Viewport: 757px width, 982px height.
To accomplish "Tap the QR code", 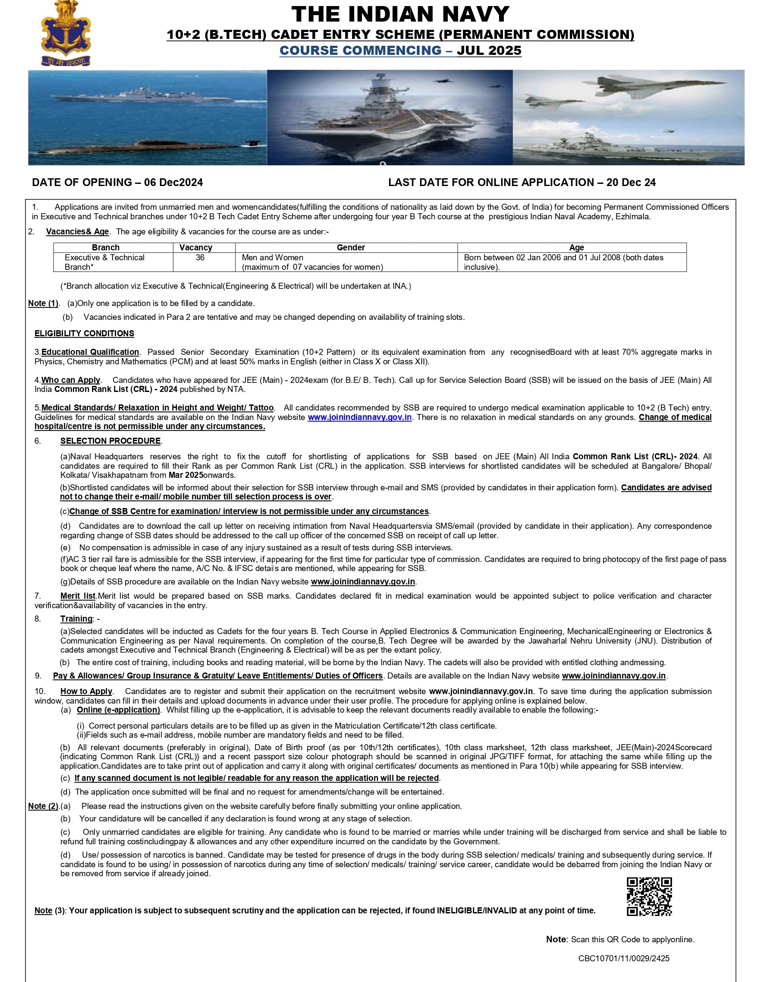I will tap(649, 896).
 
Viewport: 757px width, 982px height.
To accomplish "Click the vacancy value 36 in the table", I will tap(200, 258).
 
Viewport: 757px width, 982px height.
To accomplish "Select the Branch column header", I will tap(106, 247).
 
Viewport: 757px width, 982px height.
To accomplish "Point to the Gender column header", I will tap(350, 247).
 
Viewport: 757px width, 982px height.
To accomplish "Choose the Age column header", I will tap(576, 247).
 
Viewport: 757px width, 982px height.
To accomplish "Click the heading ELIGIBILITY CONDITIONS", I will tap(84, 333).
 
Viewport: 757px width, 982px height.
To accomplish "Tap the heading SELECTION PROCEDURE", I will tap(110, 441).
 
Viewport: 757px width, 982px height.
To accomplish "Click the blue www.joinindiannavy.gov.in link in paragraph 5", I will tap(359, 417).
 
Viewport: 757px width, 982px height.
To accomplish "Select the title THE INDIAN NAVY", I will tap(400, 14).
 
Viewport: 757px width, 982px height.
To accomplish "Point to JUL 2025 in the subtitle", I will tap(489, 51).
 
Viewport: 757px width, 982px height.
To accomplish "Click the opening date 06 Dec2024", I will tap(173, 182).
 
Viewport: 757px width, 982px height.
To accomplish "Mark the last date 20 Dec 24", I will tap(631, 182).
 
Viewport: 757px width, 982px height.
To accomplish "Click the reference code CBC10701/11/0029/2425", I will tap(624, 971).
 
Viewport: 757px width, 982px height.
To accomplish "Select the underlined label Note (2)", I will tap(43, 806).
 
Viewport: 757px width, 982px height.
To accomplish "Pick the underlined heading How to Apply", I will tap(86, 691).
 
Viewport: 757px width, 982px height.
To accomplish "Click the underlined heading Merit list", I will tap(78, 596).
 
